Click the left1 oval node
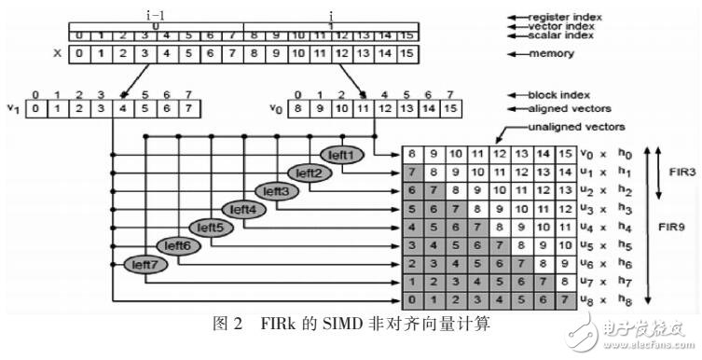click(339, 155)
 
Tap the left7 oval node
click(144, 264)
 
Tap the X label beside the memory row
click(58, 52)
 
